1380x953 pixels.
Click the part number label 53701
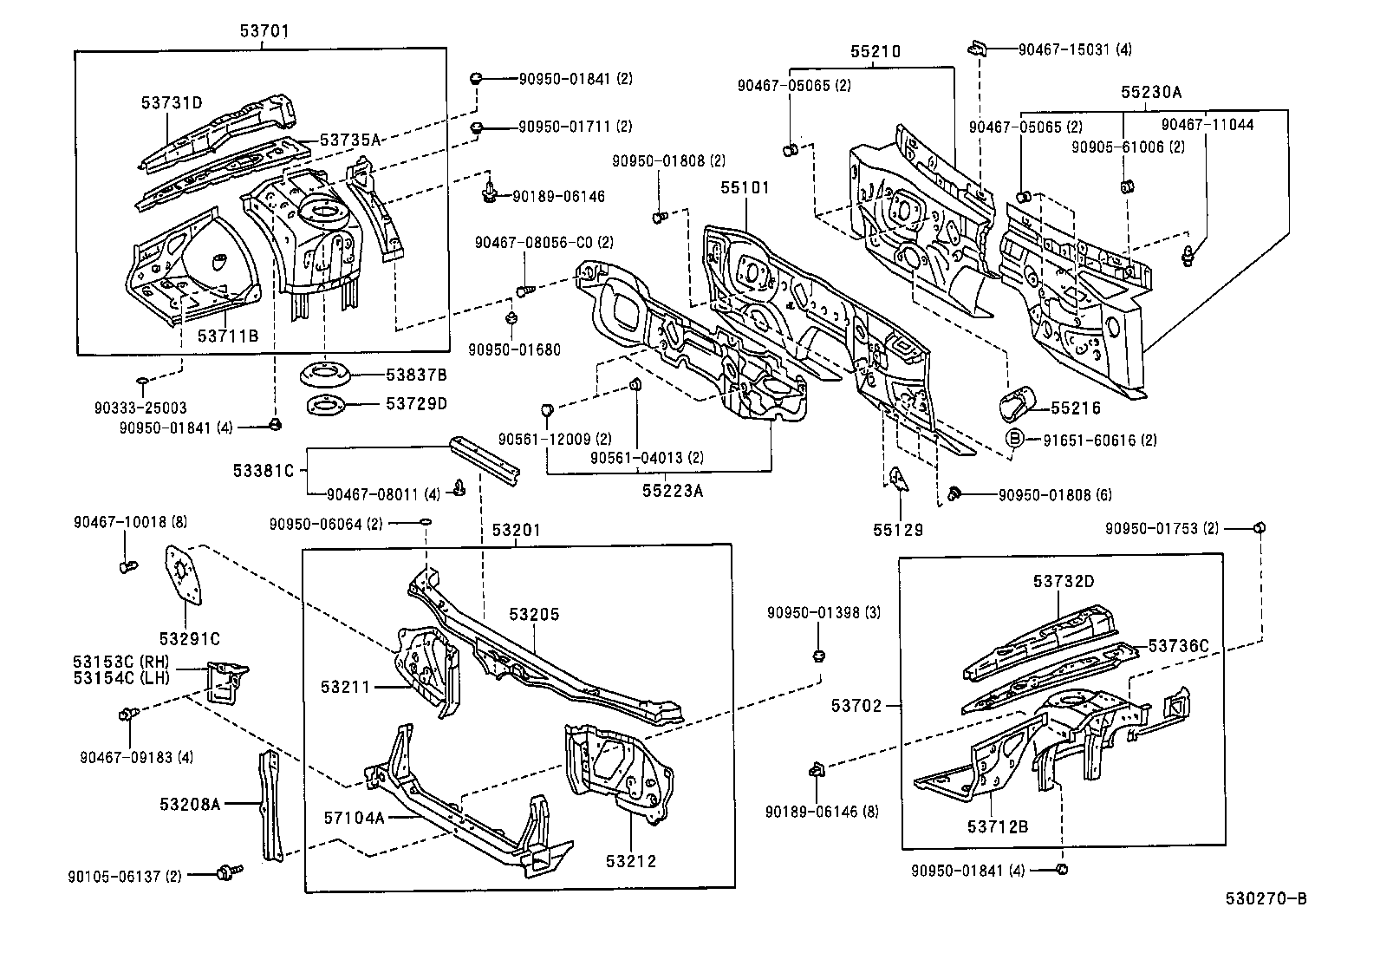click(264, 31)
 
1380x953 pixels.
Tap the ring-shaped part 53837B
click(324, 375)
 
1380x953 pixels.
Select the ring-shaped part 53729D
click(325, 404)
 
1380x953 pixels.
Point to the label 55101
click(744, 187)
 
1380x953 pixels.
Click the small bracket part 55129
click(898, 480)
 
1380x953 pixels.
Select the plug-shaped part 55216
click(1016, 404)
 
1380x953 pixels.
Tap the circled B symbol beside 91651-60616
click(1015, 440)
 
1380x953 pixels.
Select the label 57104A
click(355, 818)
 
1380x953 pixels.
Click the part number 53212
click(631, 861)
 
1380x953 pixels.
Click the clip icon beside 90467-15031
click(977, 48)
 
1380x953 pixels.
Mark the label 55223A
click(673, 491)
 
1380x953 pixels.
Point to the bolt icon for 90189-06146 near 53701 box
click(491, 194)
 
